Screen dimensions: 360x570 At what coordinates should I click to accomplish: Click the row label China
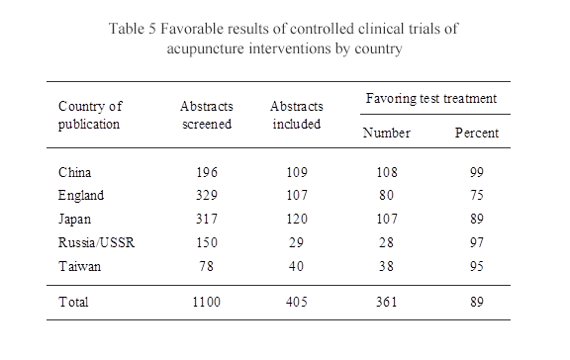click(75, 173)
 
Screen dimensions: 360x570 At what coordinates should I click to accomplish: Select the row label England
click(81, 196)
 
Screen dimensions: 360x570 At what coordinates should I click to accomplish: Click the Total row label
click(73, 302)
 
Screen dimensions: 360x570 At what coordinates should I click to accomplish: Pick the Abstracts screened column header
click(206, 115)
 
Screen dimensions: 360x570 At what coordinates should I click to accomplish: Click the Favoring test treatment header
click(431, 100)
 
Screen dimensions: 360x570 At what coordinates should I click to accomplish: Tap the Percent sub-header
click(476, 133)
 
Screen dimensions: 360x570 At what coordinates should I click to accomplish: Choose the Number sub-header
click(380, 133)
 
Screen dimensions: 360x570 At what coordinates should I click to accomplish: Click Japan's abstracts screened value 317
click(206, 219)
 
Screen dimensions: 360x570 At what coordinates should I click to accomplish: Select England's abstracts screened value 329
click(206, 196)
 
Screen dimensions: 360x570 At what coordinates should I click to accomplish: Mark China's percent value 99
click(476, 173)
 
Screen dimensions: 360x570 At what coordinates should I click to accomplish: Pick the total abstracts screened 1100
click(206, 302)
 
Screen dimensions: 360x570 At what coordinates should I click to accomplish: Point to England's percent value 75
click(476, 196)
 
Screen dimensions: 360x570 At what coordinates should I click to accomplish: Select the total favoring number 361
click(380, 302)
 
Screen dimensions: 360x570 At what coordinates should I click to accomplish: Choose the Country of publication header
click(89, 115)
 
